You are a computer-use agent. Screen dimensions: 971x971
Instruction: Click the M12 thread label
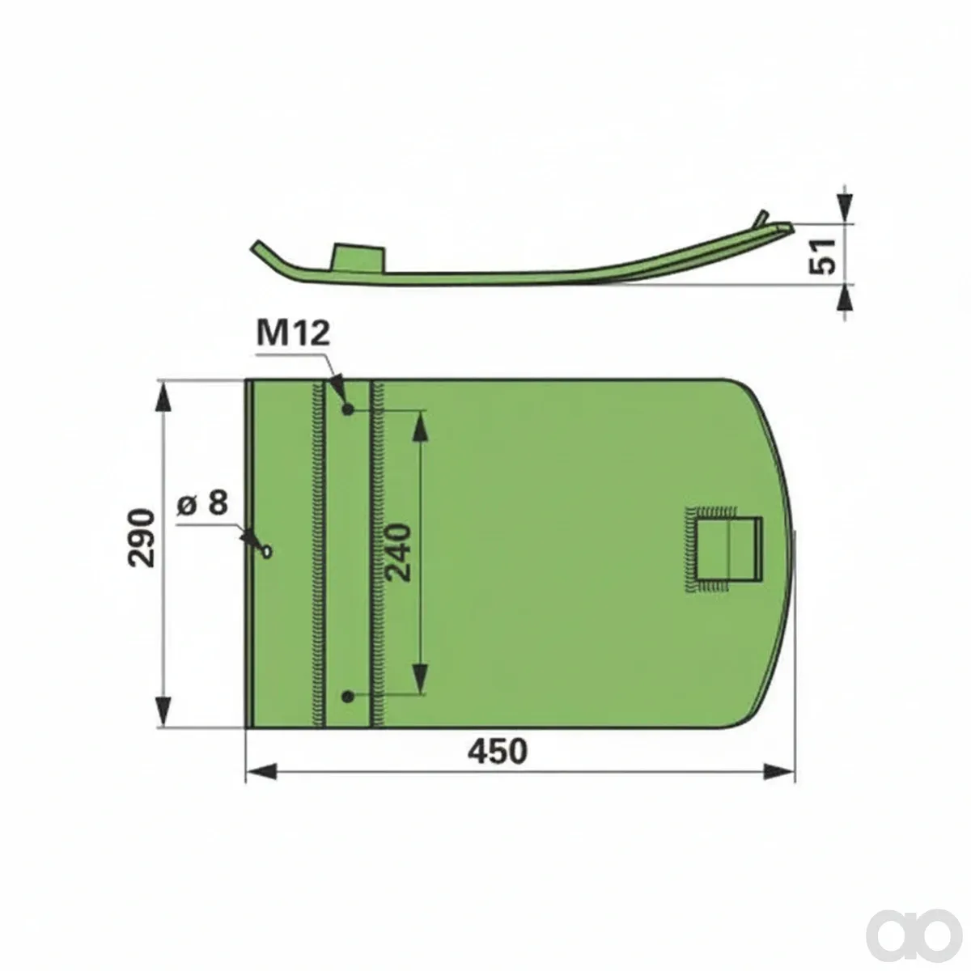(293, 333)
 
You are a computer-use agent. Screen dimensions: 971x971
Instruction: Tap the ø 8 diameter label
(202, 502)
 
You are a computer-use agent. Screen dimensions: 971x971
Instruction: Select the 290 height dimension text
(141, 538)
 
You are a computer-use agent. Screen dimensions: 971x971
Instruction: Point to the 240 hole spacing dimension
(397, 553)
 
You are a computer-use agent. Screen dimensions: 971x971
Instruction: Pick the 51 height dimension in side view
(822, 257)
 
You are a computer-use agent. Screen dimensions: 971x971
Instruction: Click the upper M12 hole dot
(347, 409)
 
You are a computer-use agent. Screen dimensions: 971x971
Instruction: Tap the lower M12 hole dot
(347, 697)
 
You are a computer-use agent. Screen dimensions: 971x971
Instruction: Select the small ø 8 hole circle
(266, 553)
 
